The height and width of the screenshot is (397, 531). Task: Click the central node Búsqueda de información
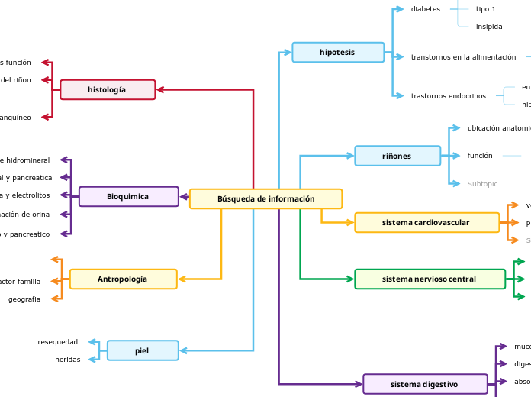[x=265, y=198]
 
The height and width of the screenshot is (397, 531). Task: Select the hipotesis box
[x=338, y=52]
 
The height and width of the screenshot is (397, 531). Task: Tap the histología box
[x=108, y=89]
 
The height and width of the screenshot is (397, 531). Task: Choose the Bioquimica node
[x=128, y=196]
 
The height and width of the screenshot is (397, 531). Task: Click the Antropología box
[x=123, y=279]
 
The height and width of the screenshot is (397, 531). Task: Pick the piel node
[x=143, y=350]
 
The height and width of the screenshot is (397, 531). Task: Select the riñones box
[x=397, y=156]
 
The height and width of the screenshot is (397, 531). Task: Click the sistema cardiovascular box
[x=426, y=222]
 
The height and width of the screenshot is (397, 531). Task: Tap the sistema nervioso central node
[x=430, y=279]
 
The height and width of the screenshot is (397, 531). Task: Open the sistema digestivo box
[x=425, y=383]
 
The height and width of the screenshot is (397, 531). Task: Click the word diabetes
[x=426, y=9]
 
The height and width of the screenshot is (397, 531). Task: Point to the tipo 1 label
[x=486, y=9]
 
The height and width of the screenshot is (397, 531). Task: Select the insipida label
[x=489, y=26]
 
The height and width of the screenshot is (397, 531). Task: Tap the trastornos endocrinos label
[x=449, y=96]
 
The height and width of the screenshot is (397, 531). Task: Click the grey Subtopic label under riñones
[x=482, y=183]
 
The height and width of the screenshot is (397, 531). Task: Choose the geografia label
[x=24, y=299]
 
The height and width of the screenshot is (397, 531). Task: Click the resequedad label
[x=58, y=341]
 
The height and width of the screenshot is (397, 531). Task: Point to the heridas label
[x=68, y=359]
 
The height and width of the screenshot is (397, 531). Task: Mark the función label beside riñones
[x=480, y=156]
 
